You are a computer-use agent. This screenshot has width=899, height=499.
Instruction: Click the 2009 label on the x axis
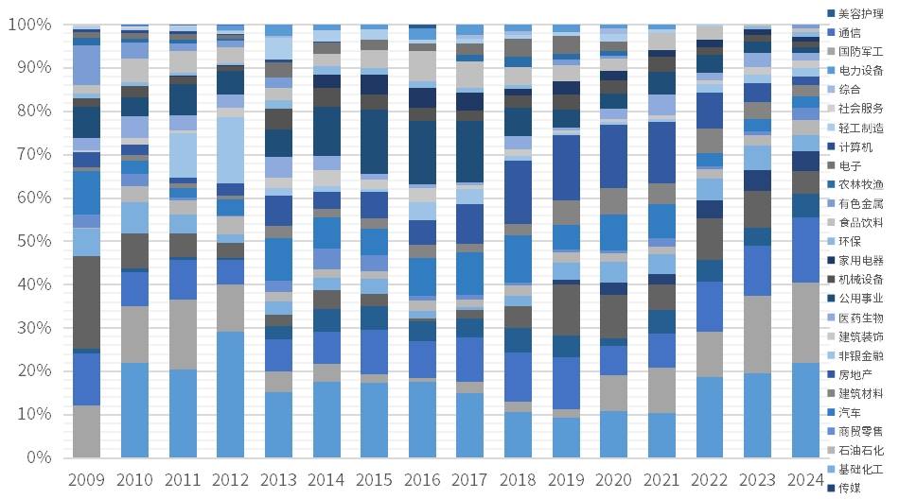86,480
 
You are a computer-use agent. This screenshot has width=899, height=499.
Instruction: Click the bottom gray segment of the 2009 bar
86,431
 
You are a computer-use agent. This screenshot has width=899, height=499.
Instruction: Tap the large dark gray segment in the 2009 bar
86,302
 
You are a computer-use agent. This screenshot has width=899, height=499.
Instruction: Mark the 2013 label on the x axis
278,480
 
